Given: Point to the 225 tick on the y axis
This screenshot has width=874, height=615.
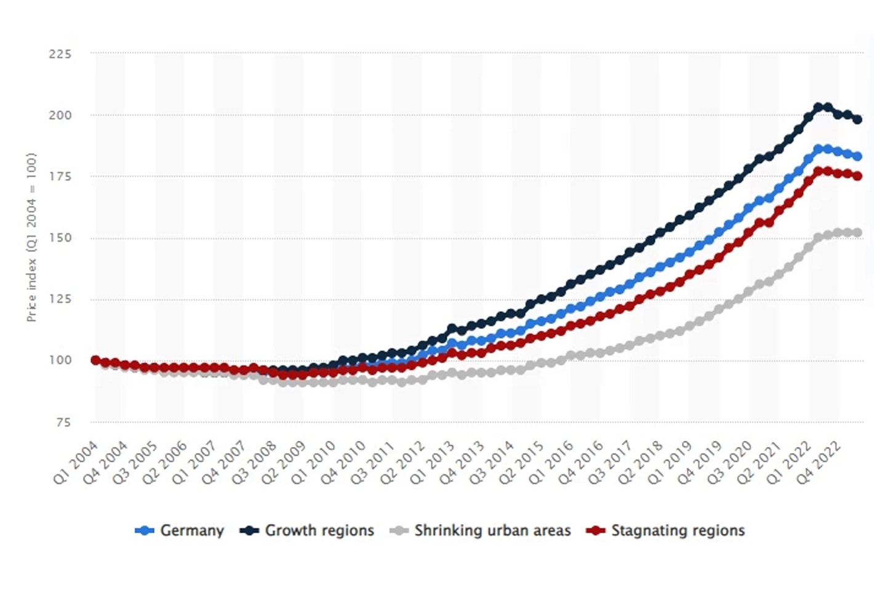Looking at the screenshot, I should [x=60, y=54].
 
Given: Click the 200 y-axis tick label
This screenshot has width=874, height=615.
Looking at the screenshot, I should [x=60, y=115].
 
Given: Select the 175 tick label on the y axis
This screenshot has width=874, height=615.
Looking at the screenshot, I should [x=60, y=177].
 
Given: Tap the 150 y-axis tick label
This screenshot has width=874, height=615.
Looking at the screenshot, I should [x=60, y=238].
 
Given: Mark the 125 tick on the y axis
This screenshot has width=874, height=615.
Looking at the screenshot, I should [x=60, y=299].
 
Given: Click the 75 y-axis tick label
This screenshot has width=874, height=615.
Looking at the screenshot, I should [x=63, y=423].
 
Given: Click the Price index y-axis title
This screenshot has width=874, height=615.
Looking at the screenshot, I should [x=31, y=237].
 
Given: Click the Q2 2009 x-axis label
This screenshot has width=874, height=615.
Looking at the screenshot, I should [x=284, y=462].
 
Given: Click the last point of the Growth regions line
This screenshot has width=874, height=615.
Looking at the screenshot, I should [x=857, y=119].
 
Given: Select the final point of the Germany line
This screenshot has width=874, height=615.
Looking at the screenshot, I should [x=857, y=157].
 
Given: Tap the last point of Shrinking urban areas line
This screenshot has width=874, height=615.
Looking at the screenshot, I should [x=857, y=232].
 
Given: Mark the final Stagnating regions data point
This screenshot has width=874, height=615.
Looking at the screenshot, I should [x=857, y=176].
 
